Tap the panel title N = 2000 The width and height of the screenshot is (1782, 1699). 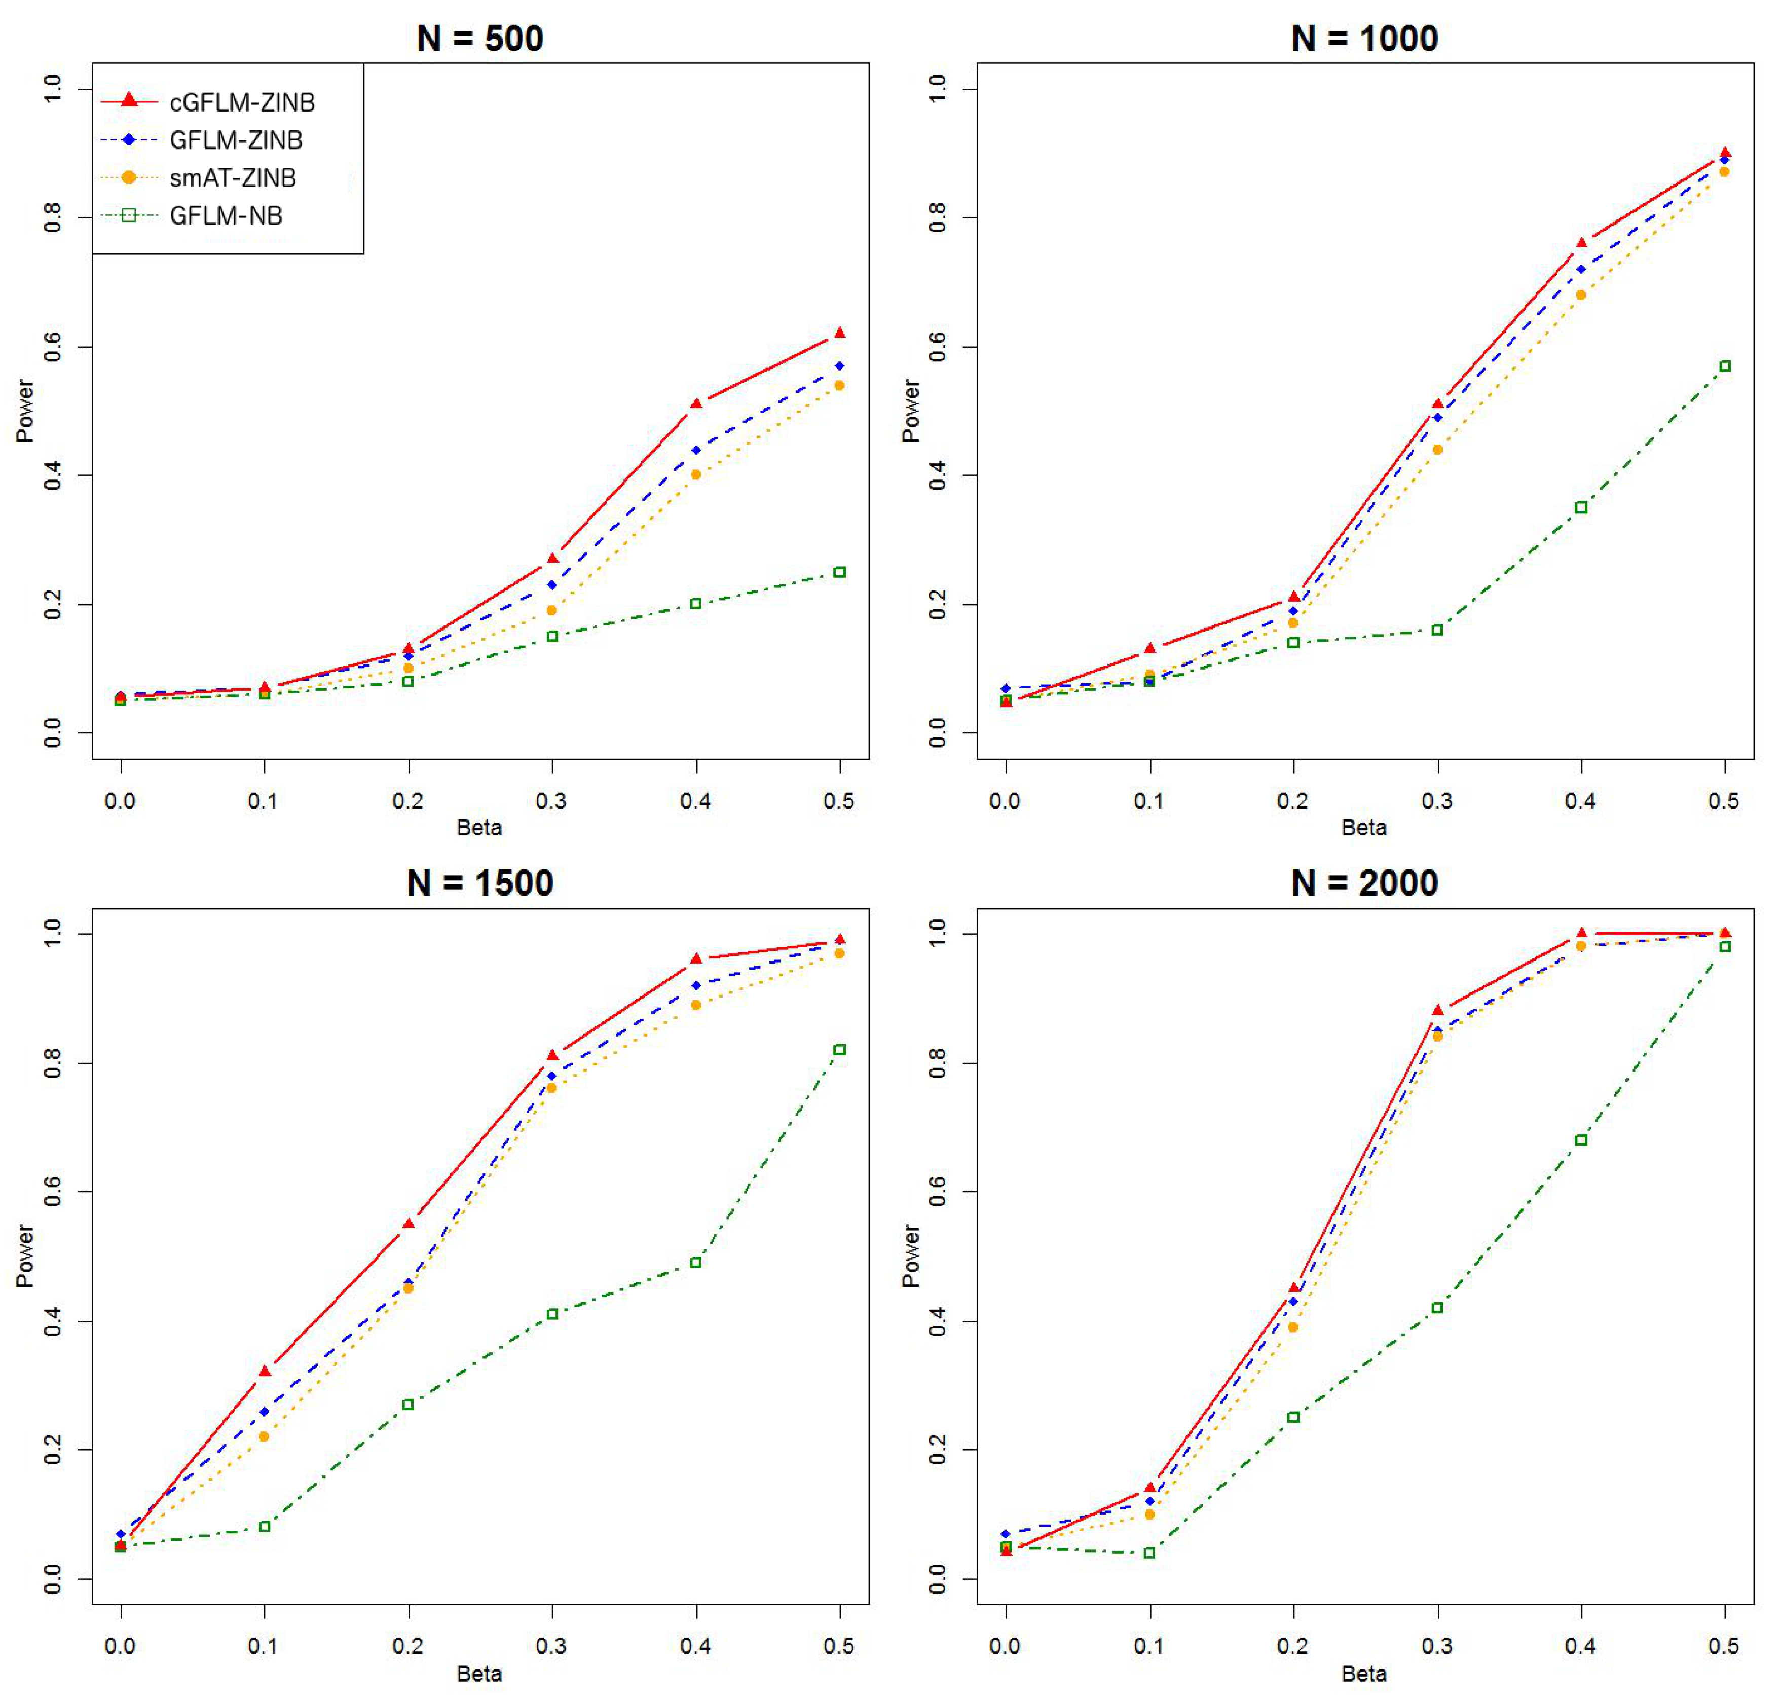[x=1364, y=883]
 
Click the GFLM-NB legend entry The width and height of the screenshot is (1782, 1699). [x=226, y=215]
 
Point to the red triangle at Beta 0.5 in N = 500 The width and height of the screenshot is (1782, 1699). [x=839, y=334]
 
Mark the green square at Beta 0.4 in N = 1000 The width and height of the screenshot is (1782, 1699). [x=1581, y=507]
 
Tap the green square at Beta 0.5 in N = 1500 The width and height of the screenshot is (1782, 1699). [x=839, y=1050]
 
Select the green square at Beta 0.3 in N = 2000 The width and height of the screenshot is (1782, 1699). [x=1437, y=1308]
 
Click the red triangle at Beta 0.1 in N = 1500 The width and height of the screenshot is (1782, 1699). [x=265, y=1371]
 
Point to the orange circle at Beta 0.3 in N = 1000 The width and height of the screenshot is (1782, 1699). [x=1437, y=449]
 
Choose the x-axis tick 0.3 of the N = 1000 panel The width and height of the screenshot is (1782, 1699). [x=1437, y=801]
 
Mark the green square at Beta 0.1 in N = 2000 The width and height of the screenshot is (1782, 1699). [x=1149, y=1553]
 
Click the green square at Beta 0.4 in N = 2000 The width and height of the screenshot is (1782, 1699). [x=1581, y=1140]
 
